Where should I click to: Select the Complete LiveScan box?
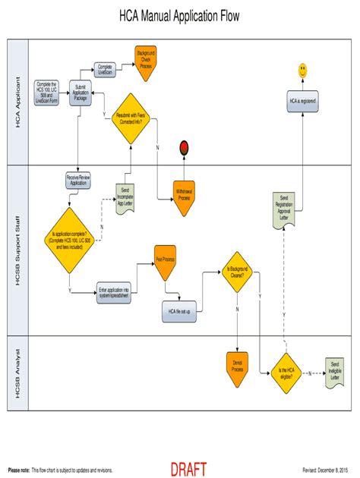pos(106,69)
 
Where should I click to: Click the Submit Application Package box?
pos(81,93)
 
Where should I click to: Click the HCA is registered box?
pos(302,101)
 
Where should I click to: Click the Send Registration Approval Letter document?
pos(284,208)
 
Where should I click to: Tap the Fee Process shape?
pos(166,260)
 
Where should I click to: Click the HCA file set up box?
pos(180,310)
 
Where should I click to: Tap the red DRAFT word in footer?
pos(188,470)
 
